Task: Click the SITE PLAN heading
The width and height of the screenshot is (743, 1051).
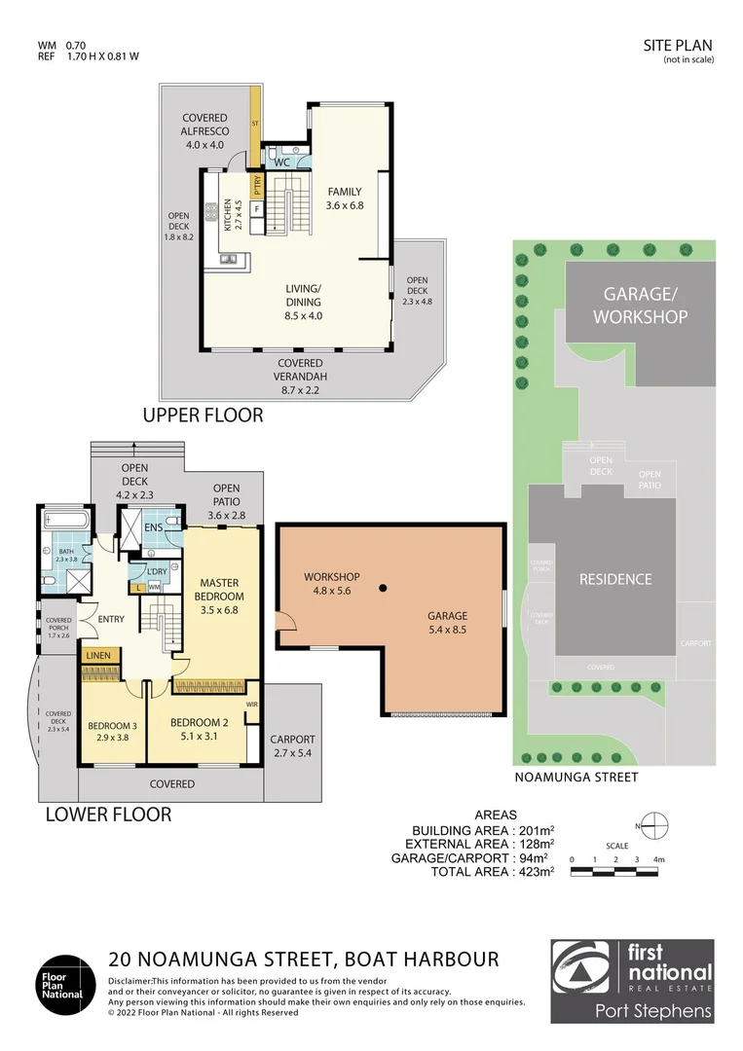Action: click(x=678, y=45)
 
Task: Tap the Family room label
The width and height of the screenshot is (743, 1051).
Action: click(x=344, y=199)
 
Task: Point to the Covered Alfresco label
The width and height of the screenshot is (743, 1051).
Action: click(x=204, y=131)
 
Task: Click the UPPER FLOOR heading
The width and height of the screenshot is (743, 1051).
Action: click(x=203, y=416)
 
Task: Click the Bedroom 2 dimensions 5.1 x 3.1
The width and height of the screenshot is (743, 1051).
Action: click(x=200, y=737)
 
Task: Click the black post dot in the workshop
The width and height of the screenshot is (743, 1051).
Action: click(x=385, y=588)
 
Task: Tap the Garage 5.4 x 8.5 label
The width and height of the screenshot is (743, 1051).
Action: click(x=448, y=623)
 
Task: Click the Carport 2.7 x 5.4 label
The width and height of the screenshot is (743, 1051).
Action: click(x=292, y=746)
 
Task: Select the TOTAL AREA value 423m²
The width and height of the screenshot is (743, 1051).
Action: click(x=532, y=872)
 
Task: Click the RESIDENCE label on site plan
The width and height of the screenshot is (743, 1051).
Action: click(x=615, y=579)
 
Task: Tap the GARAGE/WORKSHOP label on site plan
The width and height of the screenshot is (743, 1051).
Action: click(x=640, y=305)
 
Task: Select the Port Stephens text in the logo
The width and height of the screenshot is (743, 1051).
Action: click(x=653, y=1011)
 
